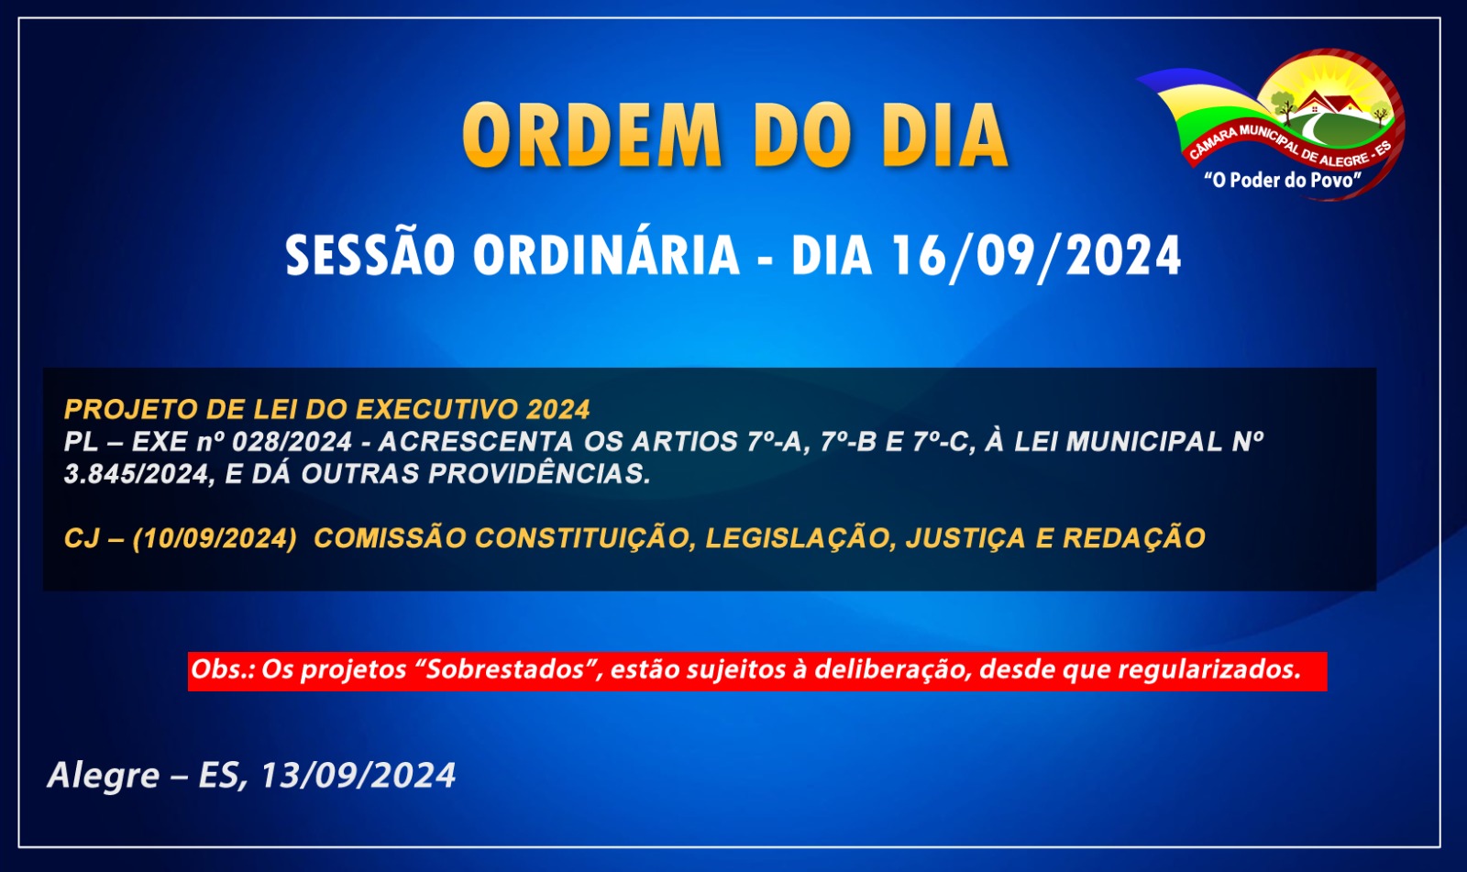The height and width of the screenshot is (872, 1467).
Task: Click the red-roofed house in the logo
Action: click(1330, 103)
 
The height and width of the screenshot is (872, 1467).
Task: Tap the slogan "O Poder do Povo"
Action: click(1283, 180)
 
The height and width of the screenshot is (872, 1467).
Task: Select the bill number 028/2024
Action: click(292, 442)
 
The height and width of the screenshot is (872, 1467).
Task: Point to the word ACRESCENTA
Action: click(476, 442)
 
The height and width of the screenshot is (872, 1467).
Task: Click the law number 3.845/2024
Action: click(137, 474)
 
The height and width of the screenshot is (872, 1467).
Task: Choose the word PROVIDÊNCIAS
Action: click(539, 474)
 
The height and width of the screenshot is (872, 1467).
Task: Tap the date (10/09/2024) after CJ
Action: click(215, 538)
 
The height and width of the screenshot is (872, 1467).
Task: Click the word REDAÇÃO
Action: click(1133, 537)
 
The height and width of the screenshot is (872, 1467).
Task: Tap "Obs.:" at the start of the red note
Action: click(223, 669)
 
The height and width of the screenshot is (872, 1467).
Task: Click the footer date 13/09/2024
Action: click(358, 776)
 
